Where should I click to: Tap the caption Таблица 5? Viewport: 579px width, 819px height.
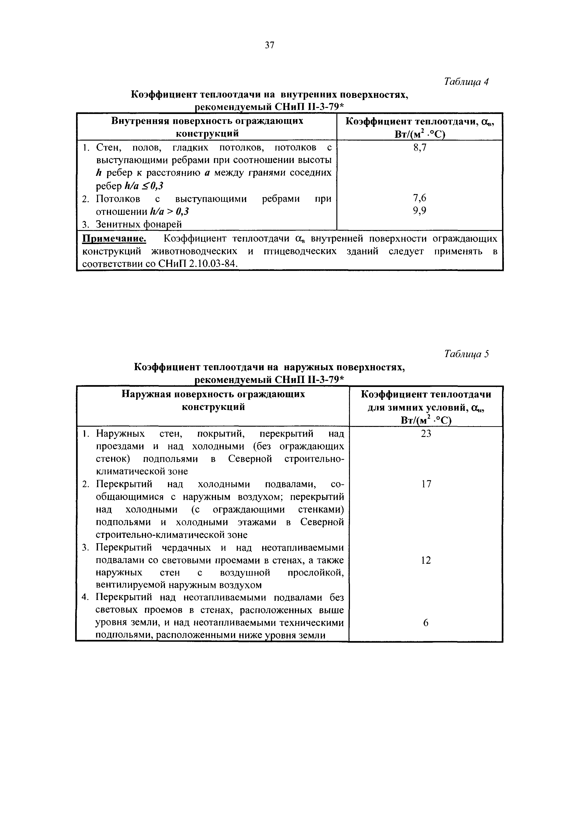pyautogui.click(x=466, y=354)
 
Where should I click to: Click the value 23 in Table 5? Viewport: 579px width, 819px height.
pyautogui.click(x=426, y=434)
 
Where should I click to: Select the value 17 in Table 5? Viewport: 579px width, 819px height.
pyautogui.click(x=426, y=484)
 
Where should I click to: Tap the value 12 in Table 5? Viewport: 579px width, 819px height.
pyautogui.click(x=426, y=560)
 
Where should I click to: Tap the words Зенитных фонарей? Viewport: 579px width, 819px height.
pyautogui.click(x=139, y=224)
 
